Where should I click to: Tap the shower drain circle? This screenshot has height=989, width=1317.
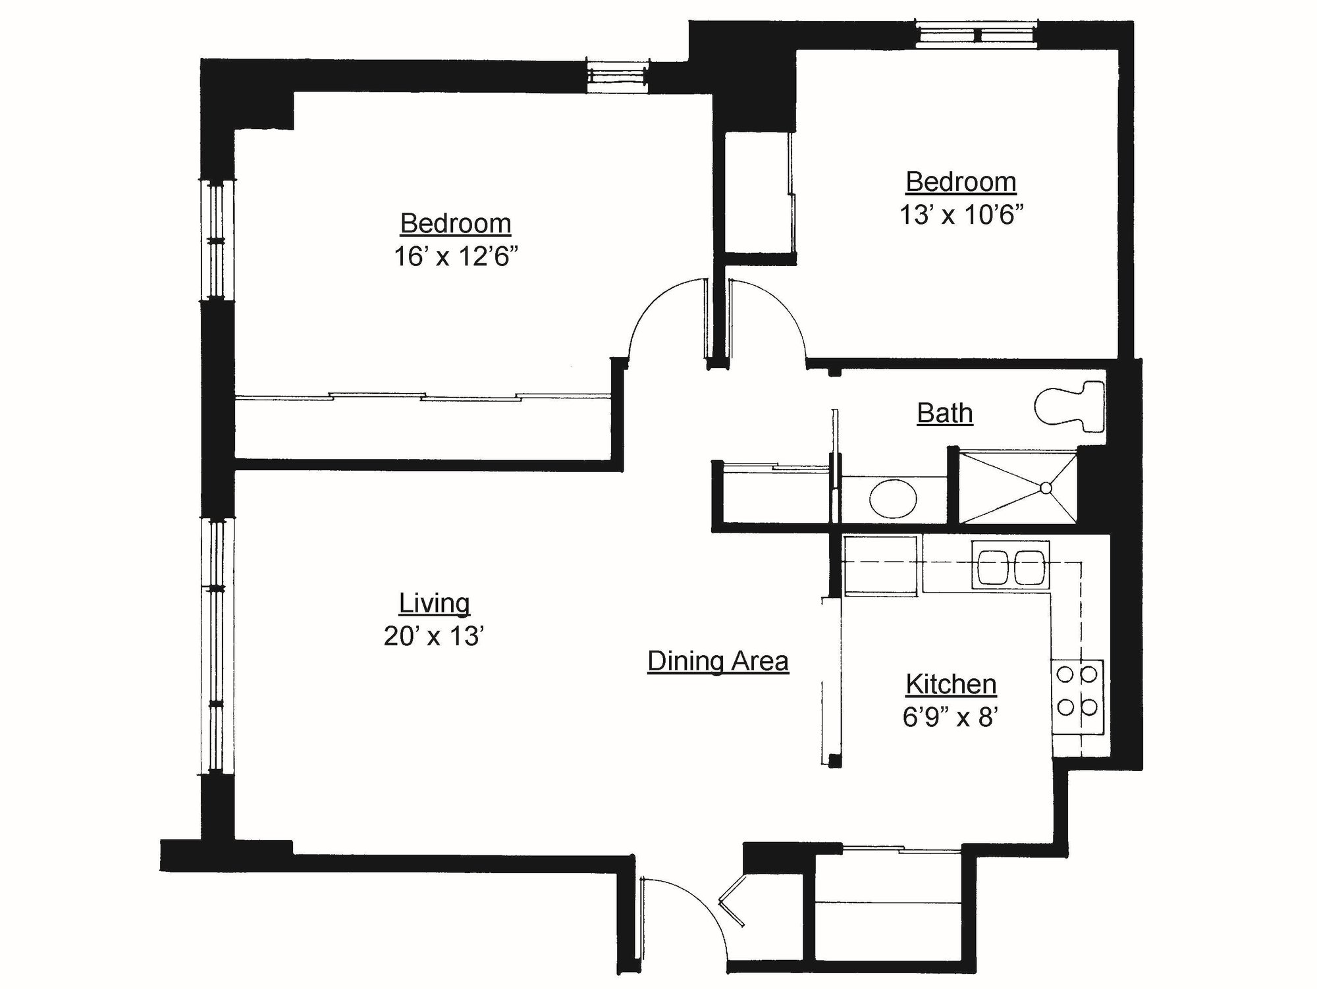(x=1046, y=488)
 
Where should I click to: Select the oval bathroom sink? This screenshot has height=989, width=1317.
(x=892, y=498)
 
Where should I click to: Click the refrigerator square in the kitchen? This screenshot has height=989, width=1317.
(x=880, y=566)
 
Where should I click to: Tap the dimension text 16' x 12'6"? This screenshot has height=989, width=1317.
(x=456, y=256)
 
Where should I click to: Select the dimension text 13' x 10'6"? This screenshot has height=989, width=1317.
(x=961, y=215)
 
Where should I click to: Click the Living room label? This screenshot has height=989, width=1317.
(x=435, y=602)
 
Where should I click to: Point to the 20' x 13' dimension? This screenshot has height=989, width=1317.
(x=435, y=636)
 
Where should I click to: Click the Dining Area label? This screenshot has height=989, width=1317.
(x=718, y=660)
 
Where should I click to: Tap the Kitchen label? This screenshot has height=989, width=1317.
(x=951, y=684)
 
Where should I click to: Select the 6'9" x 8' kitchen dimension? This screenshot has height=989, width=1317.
(x=951, y=717)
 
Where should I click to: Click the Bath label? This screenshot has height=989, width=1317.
(x=945, y=413)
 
